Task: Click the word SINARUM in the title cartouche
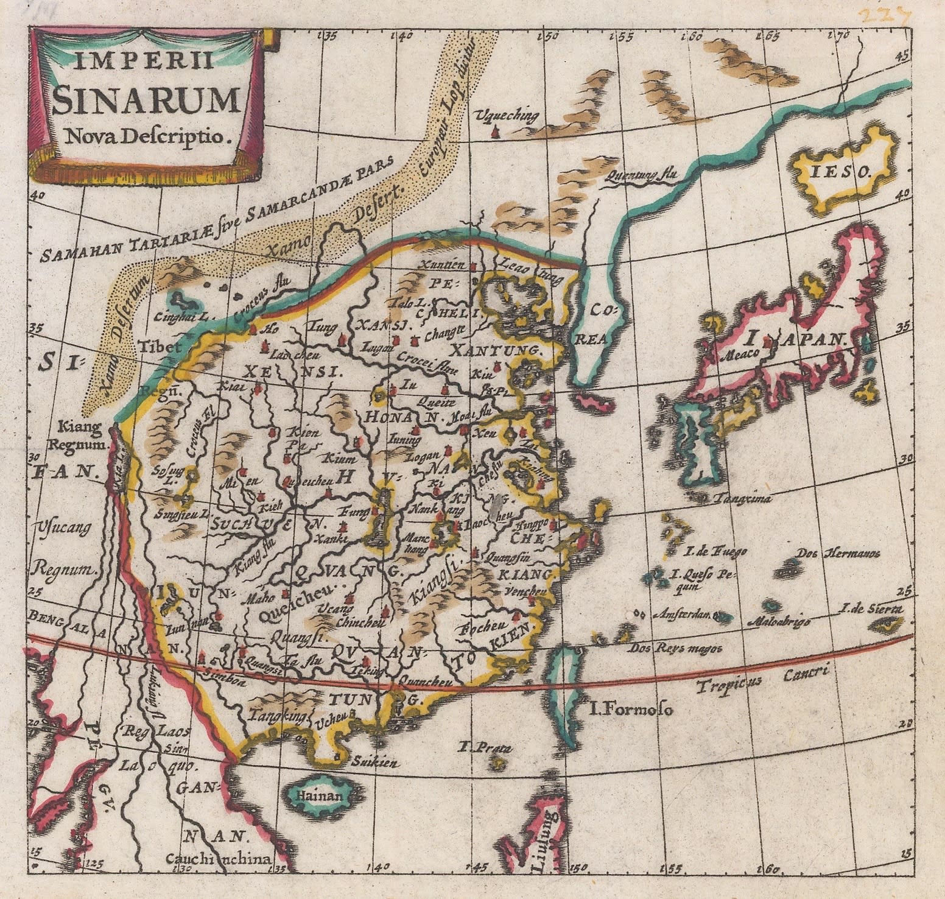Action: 146,100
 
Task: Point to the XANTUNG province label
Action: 497,351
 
